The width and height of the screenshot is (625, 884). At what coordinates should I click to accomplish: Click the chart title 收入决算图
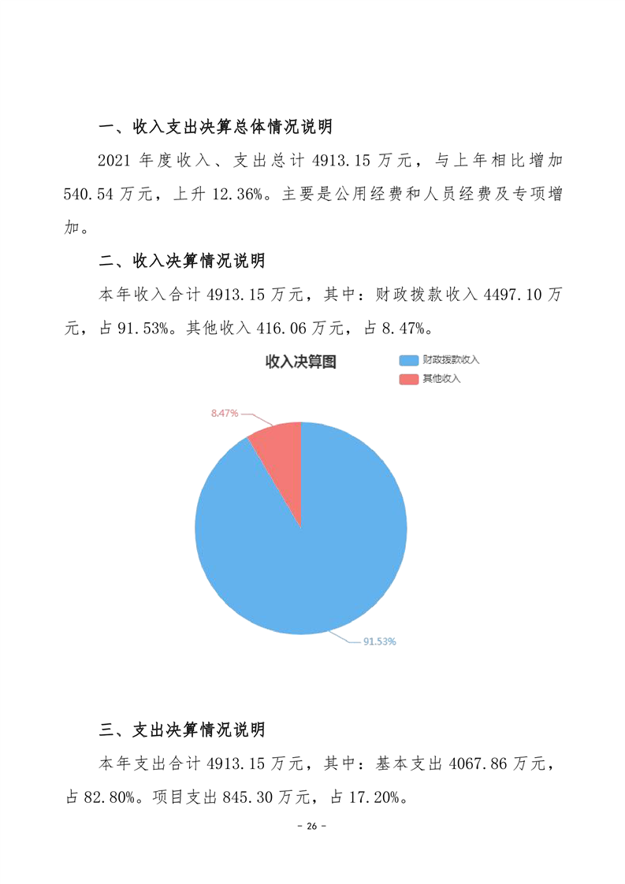tap(300, 362)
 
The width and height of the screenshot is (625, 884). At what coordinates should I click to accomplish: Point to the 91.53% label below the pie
tap(379, 641)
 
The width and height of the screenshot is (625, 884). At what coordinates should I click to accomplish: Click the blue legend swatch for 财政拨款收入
tap(408, 360)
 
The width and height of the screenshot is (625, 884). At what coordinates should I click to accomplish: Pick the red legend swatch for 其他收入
tap(408, 379)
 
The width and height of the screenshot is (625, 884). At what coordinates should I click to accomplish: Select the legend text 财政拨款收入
tap(451, 360)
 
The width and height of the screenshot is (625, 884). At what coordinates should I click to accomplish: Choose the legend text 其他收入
tap(441, 379)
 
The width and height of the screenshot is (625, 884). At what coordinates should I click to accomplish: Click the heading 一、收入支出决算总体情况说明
tap(215, 127)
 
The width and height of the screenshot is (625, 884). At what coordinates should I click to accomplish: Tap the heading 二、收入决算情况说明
tap(181, 261)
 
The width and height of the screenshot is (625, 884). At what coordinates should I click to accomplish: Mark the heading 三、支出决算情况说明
tap(181, 730)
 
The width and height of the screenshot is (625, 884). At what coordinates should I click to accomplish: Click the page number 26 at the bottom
tap(311, 826)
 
